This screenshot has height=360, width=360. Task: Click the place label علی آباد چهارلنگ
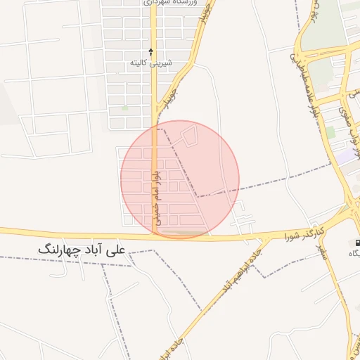(83, 250)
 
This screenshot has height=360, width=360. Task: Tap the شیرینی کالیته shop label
(150, 63)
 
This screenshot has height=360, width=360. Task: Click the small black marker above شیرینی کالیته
(150, 51)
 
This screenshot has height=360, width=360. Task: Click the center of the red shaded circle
(180, 179)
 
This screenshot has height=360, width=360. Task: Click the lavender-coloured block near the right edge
(345, 156)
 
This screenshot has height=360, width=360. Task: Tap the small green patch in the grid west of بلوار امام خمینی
(125, 108)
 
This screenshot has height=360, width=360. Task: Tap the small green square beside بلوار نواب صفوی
(330, 131)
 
